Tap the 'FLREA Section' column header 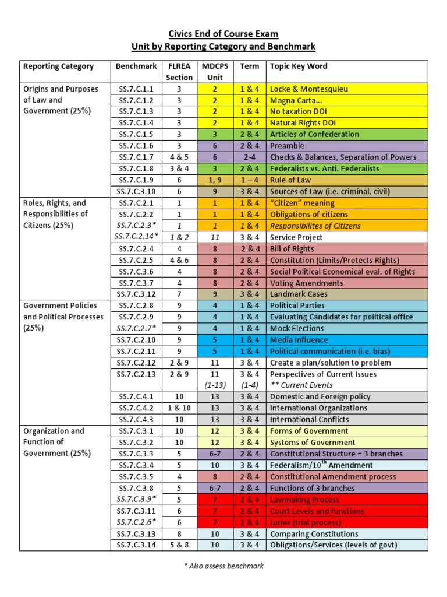click(179, 71)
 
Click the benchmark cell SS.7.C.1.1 click(137, 89)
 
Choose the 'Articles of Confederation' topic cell click(314, 135)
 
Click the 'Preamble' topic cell click(287, 146)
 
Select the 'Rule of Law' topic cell click(290, 180)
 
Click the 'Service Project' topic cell click(296, 237)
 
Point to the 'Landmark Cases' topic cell click(299, 294)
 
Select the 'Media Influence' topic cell click(299, 340)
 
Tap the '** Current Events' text click(301, 385)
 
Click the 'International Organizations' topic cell click(318, 408)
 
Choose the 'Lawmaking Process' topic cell click(304, 500)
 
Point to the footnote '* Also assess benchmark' click(223, 566)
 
